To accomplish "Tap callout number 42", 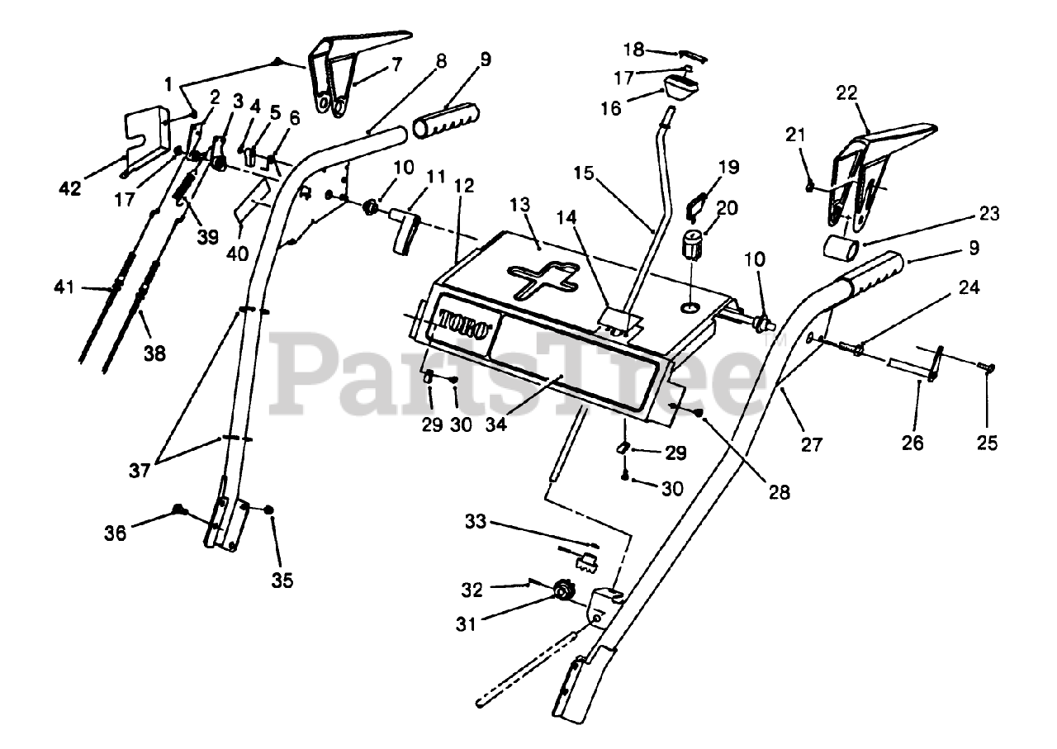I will tap(70, 188).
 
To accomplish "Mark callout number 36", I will tap(115, 533).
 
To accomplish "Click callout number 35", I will tap(282, 580).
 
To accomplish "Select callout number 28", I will tap(778, 492).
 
